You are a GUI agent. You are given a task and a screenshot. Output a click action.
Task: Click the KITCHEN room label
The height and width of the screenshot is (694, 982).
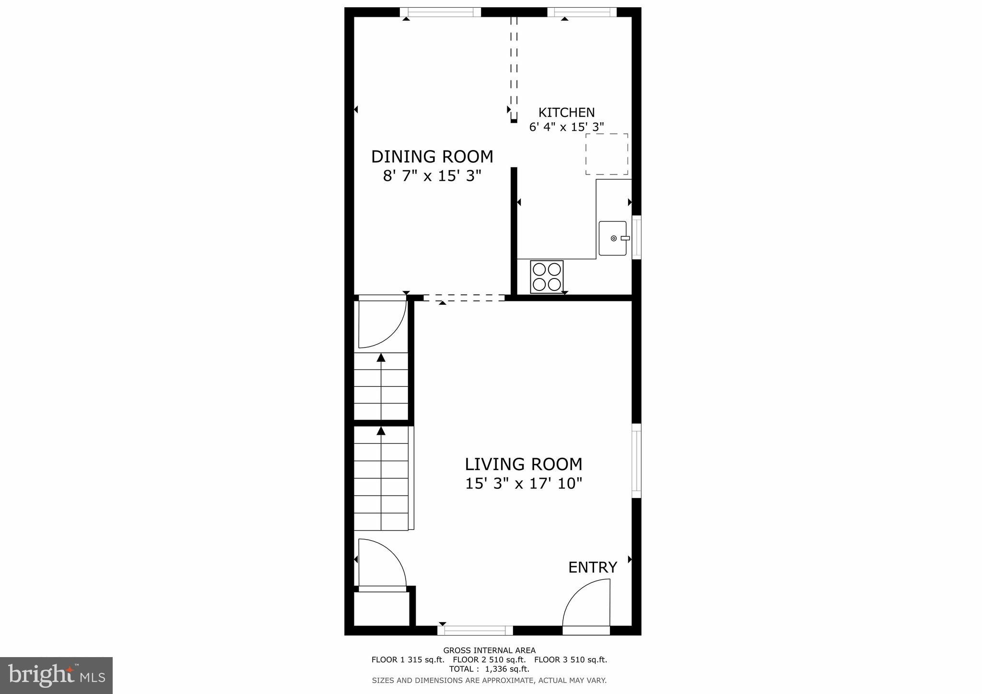[x=566, y=113]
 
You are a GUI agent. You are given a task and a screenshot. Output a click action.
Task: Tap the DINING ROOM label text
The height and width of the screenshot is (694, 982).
[x=432, y=157]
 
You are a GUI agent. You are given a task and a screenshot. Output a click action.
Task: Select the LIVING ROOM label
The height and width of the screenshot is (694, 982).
[x=523, y=464]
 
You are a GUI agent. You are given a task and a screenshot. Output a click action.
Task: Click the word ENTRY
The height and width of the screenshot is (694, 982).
[x=592, y=567]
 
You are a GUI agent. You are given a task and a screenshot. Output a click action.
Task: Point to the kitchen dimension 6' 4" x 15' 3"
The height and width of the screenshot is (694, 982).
[x=566, y=127]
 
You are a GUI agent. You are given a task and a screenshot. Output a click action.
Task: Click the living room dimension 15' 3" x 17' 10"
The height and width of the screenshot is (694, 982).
[x=523, y=484]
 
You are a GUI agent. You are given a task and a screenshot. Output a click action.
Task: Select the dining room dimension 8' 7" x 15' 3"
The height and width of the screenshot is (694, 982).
[x=432, y=176]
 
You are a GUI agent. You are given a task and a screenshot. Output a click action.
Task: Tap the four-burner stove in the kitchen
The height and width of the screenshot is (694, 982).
[x=547, y=277]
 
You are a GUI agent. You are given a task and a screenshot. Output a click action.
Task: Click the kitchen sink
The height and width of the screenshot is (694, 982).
[x=612, y=238]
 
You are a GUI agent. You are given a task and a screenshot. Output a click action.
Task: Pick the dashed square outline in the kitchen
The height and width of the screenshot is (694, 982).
[x=607, y=154]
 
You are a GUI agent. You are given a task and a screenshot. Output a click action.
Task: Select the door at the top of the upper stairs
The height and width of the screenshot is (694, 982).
[x=382, y=324]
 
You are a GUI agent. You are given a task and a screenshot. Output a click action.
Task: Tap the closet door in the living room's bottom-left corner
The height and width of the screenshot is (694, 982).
[x=382, y=564]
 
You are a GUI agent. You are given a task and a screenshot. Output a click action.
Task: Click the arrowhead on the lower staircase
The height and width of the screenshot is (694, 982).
[x=381, y=431]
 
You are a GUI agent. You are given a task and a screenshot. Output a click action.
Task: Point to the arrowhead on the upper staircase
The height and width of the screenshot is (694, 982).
[x=381, y=357]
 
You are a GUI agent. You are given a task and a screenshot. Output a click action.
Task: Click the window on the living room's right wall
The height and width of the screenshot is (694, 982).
[x=636, y=461]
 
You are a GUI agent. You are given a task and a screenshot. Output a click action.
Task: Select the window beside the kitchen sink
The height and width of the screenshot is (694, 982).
[x=636, y=237]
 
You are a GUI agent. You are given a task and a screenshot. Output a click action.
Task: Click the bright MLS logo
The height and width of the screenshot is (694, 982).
[x=57, y=675]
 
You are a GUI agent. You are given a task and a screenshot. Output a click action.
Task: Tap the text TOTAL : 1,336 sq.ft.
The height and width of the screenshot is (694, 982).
[x=489, y=669]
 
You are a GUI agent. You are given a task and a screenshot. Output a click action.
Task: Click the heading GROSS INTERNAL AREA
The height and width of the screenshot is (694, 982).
[x=489, y=650]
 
